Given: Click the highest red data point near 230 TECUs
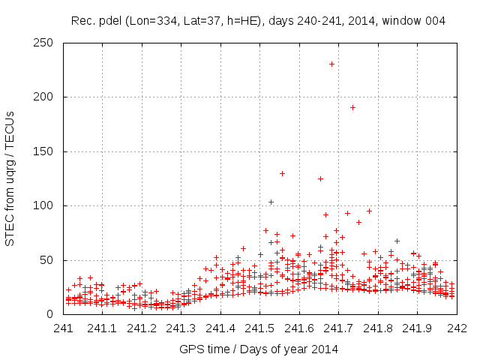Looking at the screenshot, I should [331, 64].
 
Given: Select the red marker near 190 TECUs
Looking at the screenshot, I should [352, 107].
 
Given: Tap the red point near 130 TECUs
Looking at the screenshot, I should [282, 173].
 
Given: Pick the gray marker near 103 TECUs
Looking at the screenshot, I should [271, 202].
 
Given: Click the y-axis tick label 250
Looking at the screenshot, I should [48, 43].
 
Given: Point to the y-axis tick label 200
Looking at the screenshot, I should [48, 97].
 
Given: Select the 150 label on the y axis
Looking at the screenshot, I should [48, 151].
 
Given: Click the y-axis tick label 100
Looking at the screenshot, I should [48, 205].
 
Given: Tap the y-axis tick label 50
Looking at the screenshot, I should [51, 260].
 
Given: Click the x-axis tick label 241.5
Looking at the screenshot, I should [259, 328].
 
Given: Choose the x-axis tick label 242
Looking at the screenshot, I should [457, 328].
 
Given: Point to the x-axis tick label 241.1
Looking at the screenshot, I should [102, 328].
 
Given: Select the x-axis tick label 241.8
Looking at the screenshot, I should [378, 328].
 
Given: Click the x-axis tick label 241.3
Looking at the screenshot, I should [181, 328].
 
